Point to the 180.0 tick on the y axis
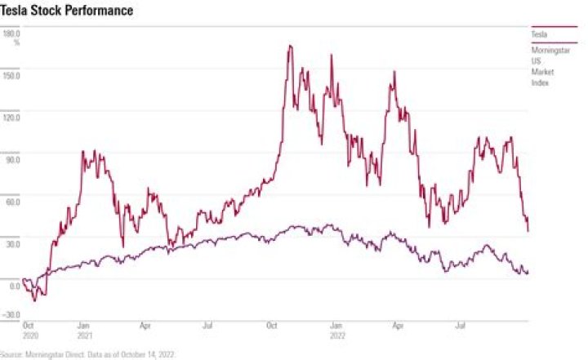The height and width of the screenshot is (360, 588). click(12, 33)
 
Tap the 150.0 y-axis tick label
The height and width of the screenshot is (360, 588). click(12, 75)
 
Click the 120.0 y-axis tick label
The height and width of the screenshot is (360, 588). click(12, 117)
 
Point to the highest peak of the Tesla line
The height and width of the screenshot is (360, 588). click(290, 47)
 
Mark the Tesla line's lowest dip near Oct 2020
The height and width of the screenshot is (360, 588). click(34, 300)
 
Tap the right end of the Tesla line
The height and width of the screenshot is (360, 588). click(528, 230)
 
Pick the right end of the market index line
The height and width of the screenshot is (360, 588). click(528, 272)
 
